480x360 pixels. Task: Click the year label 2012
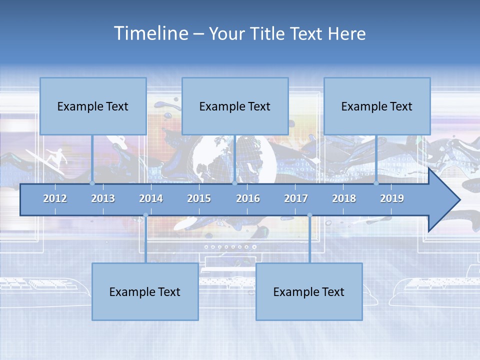[x=55, y=198]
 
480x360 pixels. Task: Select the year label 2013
[x=103, y=198]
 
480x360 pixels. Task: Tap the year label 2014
[x=151, y=198]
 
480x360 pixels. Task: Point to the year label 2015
[x=199, y=198]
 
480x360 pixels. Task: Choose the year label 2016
[x=248, y=198]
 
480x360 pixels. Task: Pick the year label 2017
[x=296, y=198]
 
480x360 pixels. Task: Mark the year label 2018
[x=344, y=198]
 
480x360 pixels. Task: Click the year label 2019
[x=392, y=198]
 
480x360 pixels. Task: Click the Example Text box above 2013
[x=93, y=106]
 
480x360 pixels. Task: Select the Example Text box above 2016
[x=235, y=106]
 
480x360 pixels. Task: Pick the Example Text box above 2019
[x=377, y=106]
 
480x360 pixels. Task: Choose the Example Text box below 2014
[x=145, y=291]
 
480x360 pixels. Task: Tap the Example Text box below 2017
[x=309, y=291]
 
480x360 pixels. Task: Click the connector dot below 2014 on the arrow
[x=145, y=215]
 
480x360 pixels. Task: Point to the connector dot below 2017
[x=309, y=215]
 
